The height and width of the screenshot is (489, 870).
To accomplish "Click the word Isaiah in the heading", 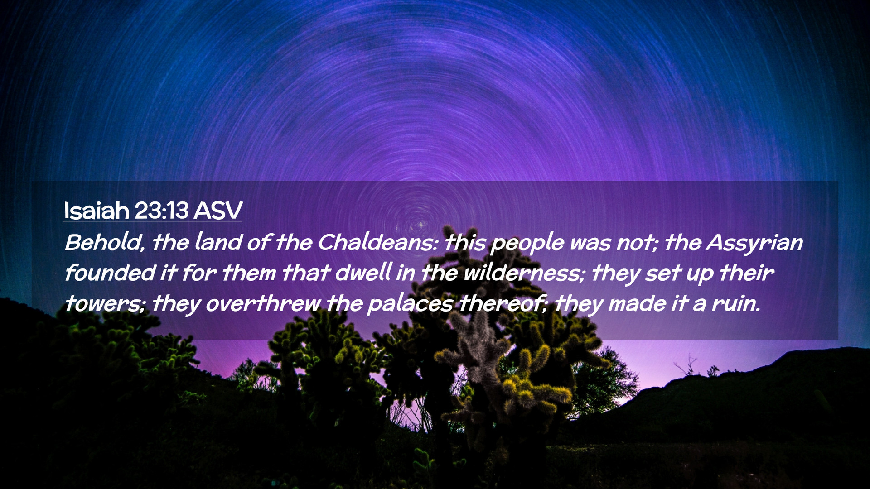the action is point(97,211).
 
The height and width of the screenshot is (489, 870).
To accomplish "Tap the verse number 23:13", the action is point(161,211).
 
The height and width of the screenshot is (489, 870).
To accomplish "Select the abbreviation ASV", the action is point(218,211).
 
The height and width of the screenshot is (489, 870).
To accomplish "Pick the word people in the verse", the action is point(527,244).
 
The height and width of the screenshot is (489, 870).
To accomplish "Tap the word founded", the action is point(110,273).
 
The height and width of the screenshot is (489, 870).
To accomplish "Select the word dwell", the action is point(363,273).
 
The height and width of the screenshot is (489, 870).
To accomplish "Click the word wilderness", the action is point(523,273).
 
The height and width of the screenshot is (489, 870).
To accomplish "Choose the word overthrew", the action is point(263,304).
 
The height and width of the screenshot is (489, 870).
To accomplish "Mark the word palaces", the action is point(410,305).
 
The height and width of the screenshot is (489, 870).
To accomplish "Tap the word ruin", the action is point(735,304).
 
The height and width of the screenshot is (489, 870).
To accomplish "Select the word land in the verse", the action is point(218,243).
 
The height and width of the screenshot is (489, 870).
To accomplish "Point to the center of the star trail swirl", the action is point(419,224).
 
